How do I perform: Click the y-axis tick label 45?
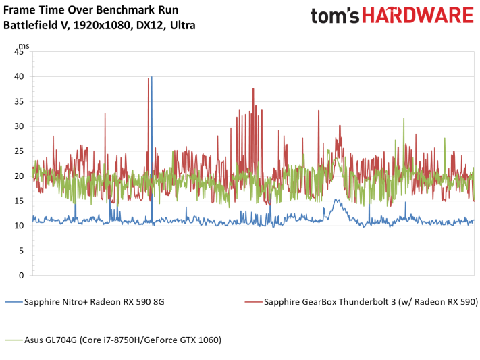point(19,52)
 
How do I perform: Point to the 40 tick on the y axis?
point(19,76)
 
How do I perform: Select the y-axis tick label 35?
point(19,101)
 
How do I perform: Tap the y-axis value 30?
point(19,126)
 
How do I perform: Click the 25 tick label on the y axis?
point(19,151)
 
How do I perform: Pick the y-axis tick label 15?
point(19,201)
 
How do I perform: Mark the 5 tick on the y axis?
point(21,251)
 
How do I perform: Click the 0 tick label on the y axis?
point(21,276)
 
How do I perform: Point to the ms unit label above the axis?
point(24,46)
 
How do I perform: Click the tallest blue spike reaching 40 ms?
point(151,77)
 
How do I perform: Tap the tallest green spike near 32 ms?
point(404,119)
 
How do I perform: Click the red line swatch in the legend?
point(253,302)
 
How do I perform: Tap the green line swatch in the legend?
point(14,340)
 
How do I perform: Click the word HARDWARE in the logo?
point(418,16)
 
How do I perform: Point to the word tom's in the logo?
point(335,16)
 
